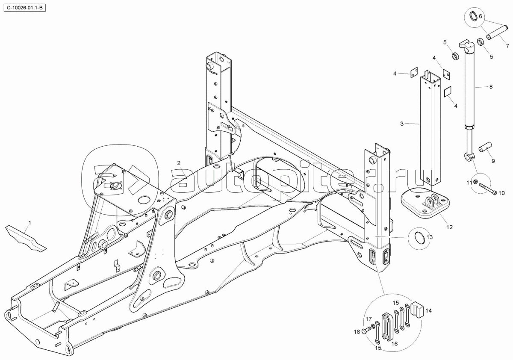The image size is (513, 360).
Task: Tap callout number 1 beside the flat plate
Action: (29, 222)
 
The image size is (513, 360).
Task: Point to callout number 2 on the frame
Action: (179, 163)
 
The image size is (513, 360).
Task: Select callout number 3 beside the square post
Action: (402, 124)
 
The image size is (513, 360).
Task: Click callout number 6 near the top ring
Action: (480, 16)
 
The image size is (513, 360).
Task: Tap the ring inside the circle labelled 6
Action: (474, 17)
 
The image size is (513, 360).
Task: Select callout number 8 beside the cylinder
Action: (491, 87)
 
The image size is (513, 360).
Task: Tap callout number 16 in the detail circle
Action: (394, 343)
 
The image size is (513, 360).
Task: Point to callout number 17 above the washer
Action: (368, 319)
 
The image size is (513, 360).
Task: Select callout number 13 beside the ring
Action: (430, 237)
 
